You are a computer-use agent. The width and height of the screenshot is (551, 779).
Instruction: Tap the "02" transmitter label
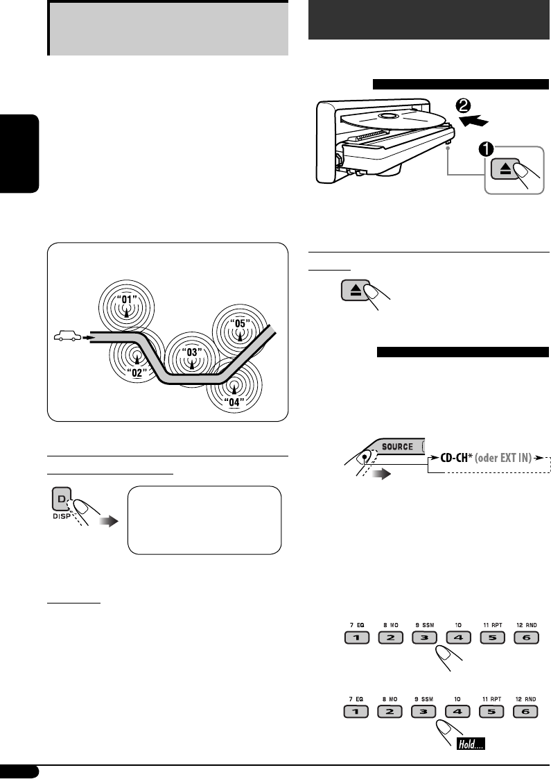pyautogui.click(x=138, y=371)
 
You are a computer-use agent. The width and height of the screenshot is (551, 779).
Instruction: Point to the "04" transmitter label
pyautogui.click(x=234, y=400)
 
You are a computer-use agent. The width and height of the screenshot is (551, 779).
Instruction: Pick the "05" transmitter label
pyautogui.click(x=239, y=322)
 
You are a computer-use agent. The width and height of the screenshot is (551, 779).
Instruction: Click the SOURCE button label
pyautogui.click(x=394, y=447)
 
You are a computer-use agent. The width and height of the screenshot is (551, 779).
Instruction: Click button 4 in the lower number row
pyautogui.click(x=457, y=711)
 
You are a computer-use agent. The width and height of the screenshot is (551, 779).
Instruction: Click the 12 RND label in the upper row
pyautogui.click(x=525, y=625)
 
